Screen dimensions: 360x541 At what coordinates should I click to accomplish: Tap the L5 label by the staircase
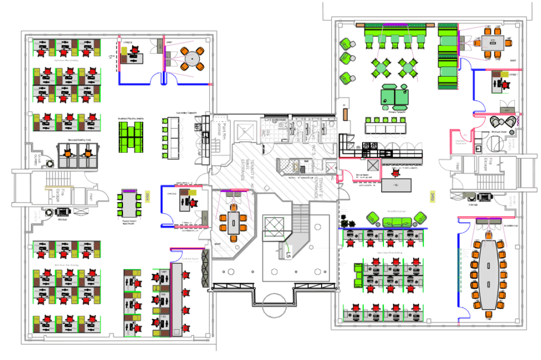pyautogui.click(x=288, y=254)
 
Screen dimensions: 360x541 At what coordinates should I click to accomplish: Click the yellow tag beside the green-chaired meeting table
pyautogui.click(x=146, y=197)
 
